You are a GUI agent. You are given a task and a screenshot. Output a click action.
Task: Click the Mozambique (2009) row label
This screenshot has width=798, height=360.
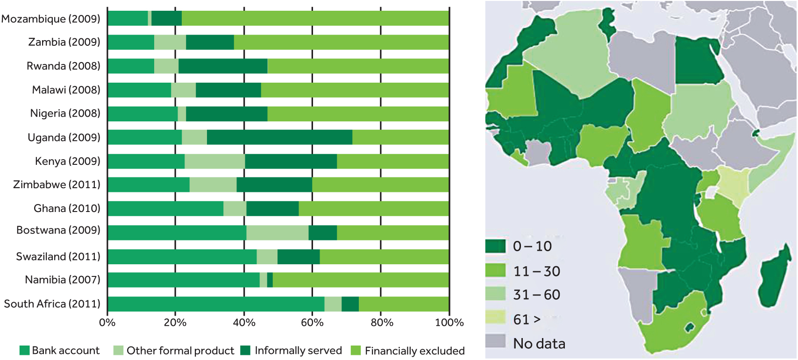pyautogui.click(x=51, y=19)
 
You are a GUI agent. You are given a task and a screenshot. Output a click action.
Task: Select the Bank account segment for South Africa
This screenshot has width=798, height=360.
pyautogui.click(x=216, y=304)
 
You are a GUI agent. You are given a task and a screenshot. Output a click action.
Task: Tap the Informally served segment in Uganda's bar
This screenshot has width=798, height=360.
pyautogui.click(x=279, y=137)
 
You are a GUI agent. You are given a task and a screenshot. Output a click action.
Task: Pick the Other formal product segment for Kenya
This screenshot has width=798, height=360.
pyautogui.click(x=214, y=161)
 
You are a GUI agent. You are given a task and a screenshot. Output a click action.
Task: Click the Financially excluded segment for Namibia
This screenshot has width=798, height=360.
pyautogui.click(x=361, y=280)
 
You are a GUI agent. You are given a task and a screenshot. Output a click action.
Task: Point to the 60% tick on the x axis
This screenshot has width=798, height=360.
pyautogui.click(x=312, y=323)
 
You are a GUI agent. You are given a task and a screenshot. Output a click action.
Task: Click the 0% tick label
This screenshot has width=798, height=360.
pyautogui.click(x=107, y=323)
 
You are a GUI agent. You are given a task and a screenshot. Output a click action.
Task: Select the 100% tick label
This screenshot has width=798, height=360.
pyautogui.click(x=449, y=323)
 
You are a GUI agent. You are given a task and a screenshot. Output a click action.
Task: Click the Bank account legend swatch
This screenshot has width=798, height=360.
pyautogui.click(x=25, y=351)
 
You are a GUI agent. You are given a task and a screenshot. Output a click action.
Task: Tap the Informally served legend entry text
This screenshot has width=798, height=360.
pyautogui.click(x=298, y=351)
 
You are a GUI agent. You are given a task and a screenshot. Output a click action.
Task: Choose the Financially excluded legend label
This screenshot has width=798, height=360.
pyautogui.click(x=414, y=351)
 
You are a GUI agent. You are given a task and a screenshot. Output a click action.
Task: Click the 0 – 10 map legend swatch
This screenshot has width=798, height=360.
pyautogui.click(x=495, y=246)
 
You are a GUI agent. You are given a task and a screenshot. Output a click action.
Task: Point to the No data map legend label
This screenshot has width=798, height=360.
pyautogui.click(x=539, y=344)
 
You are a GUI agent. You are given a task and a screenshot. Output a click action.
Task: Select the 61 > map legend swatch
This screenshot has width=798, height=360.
pyautogui.click(x=495, y=318)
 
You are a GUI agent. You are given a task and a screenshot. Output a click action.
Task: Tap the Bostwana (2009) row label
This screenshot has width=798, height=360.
pyautogui.click(x=58, y=230)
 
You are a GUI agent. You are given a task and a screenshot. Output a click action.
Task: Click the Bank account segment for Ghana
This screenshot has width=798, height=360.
pyautogui.click(x=165, y=209)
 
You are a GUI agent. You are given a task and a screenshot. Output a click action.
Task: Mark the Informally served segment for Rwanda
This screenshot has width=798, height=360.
pyautogui.click(x=223, y=66)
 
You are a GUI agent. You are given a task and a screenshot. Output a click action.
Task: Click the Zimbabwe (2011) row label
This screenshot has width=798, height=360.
pyautogui.click(x=57, y=184)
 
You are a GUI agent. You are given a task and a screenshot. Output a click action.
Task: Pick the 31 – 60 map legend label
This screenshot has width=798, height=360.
pyautogui.click(x=536, y=295)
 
